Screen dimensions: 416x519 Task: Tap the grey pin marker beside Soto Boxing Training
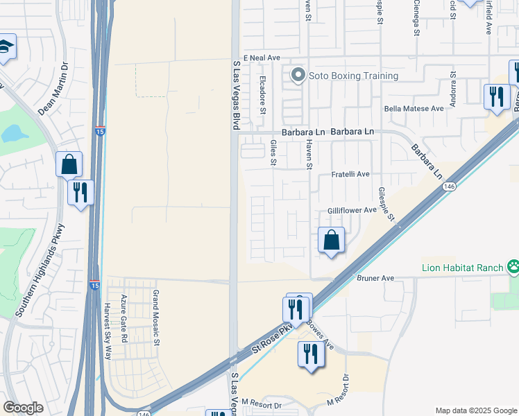pos(298,75)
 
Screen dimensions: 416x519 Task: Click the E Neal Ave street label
pos(261,58)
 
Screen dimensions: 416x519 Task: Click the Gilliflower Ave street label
pos(352,210)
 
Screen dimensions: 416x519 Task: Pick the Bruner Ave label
pos(375,278)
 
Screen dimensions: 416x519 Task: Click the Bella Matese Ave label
pos(414,109)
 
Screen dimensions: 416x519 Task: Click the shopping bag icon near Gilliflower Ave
pos(332,240)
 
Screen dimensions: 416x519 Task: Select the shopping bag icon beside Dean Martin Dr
pos(69,164)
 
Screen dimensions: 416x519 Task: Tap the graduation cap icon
pos(6,47)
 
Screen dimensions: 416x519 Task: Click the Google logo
pos(23,408)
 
